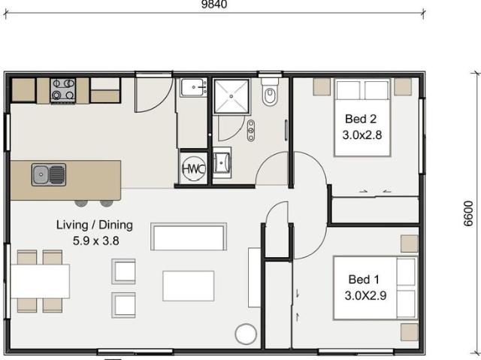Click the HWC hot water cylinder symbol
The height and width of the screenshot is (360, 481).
pyautogui.click(x=192, y=169)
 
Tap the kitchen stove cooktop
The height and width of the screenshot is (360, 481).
pyautogui.click(x=62, y=90)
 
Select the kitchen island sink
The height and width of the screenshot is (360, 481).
pyautogui.click(x=49, y=175)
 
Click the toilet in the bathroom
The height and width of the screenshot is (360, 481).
pyautogui.click(x=271, y=94)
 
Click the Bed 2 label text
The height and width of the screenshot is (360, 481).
pyautogui.click(x=361, y=119)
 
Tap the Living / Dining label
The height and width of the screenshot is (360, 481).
pyautogui.click(x=95, y=225)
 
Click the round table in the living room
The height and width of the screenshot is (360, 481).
pyautogui.click(x=246, y=334)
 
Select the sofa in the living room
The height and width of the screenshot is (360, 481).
pyautogui.click(x=188, y=236)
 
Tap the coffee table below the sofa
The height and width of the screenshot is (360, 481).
pyautogui.click(x=188, y=286)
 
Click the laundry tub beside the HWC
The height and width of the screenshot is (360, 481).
pyautogui.click(x=222, y=163)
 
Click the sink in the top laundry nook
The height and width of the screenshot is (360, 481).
pyautogui.click(x=194, y=88)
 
